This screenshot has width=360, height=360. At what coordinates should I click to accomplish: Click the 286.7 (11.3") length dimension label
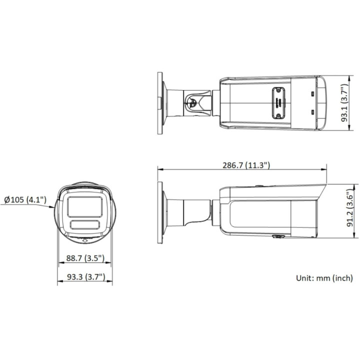246,165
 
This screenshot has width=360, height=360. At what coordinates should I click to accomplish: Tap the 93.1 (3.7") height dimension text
344,103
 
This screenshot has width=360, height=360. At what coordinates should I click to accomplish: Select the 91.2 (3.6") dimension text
350,208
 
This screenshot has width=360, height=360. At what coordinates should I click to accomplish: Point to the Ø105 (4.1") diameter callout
25,199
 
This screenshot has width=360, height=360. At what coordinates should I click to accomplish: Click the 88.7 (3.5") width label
85,258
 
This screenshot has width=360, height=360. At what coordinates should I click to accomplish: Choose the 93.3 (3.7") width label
86,277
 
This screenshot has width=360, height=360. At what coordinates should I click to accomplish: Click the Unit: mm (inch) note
324,278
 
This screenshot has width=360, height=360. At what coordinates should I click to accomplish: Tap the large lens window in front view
85,207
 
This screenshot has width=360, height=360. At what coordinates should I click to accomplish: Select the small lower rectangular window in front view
85,224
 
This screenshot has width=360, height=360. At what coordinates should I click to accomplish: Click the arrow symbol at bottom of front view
85,240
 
